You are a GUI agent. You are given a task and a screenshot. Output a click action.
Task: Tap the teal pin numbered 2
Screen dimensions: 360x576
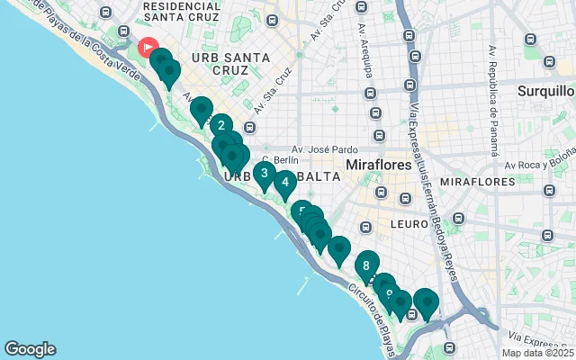[x=221, y=127]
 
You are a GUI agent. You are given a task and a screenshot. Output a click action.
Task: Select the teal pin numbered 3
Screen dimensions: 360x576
[x=264, y=173]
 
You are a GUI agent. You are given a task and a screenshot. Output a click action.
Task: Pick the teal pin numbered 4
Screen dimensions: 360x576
[x=284, y=183]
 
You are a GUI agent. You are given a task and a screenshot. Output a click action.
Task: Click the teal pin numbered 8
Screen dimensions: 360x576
[x=366, y=265]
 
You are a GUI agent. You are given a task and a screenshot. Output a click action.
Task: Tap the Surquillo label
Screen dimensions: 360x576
[x=545, y=91]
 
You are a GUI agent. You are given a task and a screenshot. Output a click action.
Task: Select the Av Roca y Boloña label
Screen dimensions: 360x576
[x=538, y=165]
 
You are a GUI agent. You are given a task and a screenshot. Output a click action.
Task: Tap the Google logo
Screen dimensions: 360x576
[x=30, y=349]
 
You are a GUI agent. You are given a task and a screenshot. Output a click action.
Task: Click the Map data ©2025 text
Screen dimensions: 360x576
[x=536, y=353]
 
